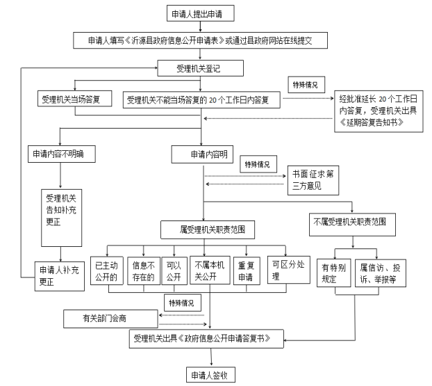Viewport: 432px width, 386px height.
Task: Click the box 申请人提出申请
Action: pos(201,13)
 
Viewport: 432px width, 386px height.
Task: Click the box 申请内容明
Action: pos(203,153)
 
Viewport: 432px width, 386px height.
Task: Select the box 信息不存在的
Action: pos(142,269)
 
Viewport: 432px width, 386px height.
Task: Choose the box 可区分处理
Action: pos(285,269)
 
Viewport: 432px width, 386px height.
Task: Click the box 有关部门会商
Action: pos(109,319)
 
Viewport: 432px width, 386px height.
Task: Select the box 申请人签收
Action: pos(211,375)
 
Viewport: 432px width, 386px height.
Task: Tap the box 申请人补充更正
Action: pos(61,275)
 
